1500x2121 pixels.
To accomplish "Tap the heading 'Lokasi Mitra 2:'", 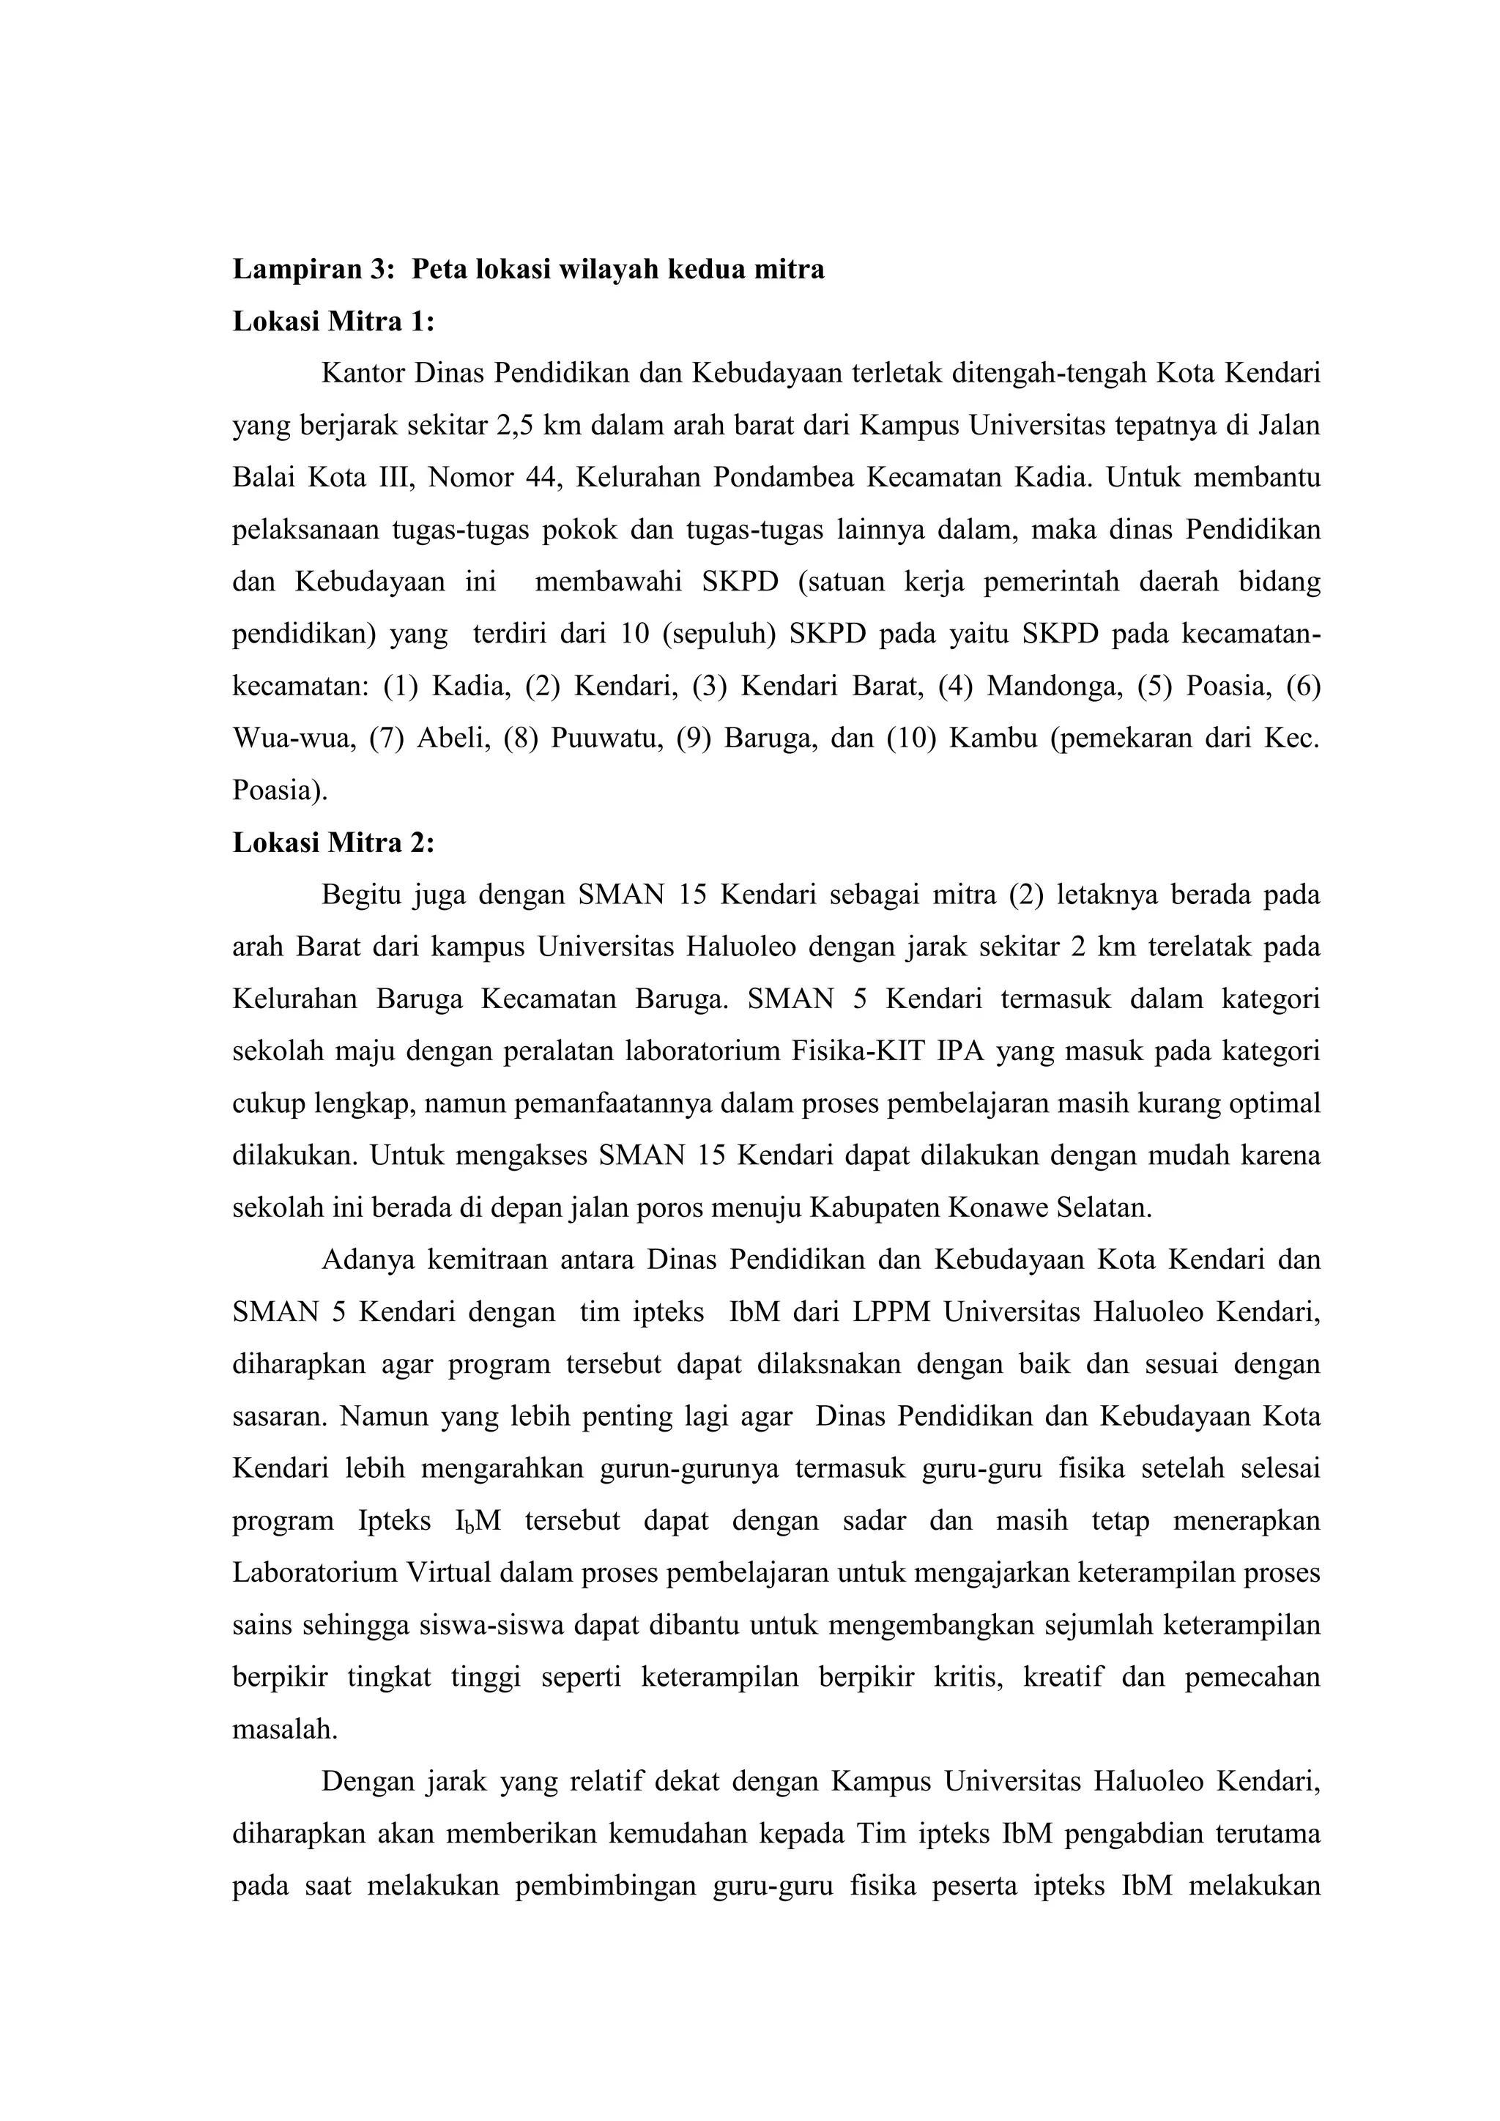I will click(x=333, y=843).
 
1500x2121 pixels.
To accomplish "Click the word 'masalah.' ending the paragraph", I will click(x=284, y=1729).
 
